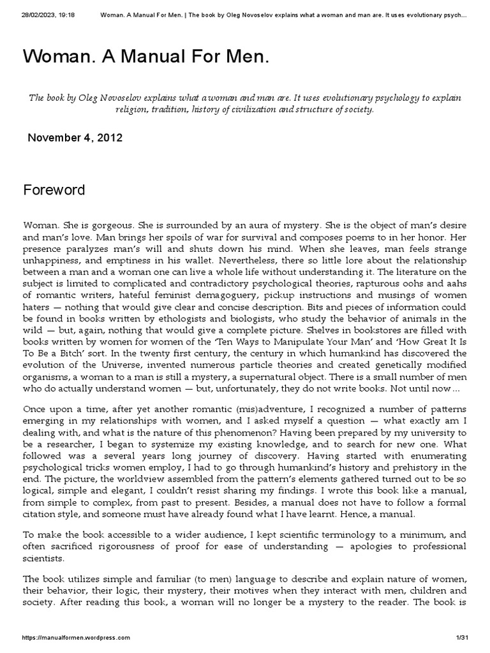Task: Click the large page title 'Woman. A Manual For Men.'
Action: tap(146, 57)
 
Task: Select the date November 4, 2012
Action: tap(75, 137)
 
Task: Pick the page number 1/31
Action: tap(463, 637)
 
